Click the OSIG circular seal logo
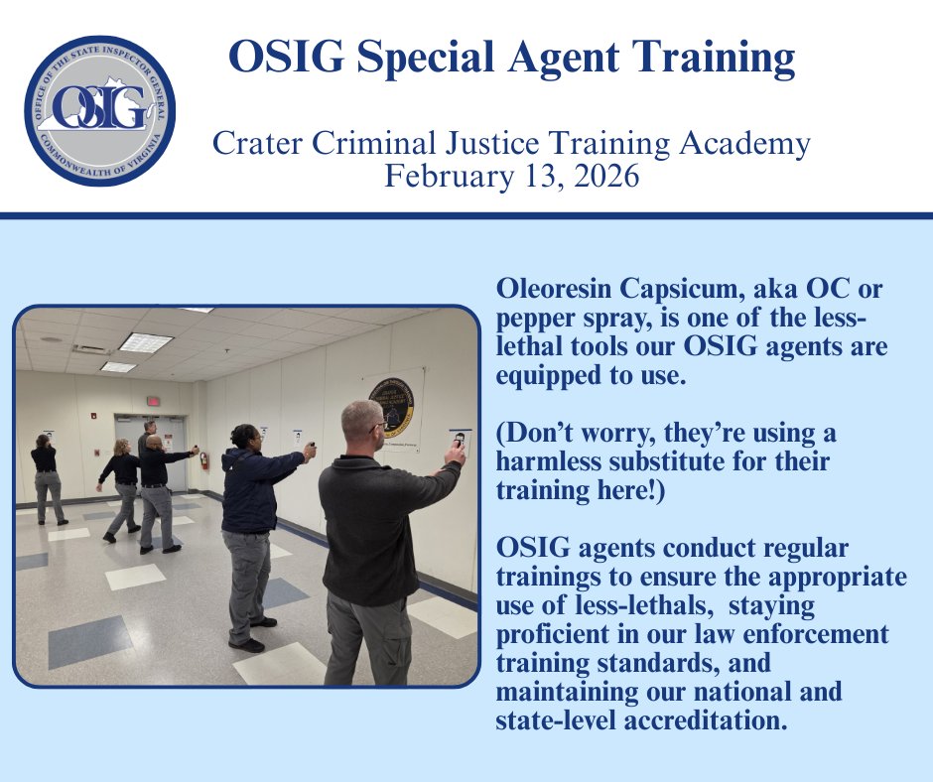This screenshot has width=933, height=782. tap(99, 111)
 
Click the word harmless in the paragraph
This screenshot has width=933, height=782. tap(540, 462)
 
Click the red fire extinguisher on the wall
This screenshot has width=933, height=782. tap(204, 460)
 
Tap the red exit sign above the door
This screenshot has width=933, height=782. tap(154, 402)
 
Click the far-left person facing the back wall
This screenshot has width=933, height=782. tap(46, 476)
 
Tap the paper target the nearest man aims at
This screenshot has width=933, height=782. tap(460, 438)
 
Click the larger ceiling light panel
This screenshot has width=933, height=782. tap(145, 342)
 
